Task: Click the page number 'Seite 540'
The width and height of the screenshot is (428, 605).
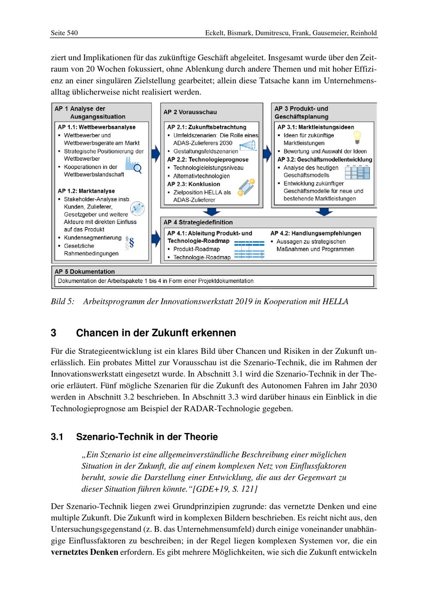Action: (x=64, y=33)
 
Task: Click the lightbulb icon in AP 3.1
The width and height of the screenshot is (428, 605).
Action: (x=356, y=137)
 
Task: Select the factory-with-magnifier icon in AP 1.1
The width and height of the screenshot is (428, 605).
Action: (x=134, y=165)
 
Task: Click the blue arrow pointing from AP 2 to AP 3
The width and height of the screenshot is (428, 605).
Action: (x=267, y=151)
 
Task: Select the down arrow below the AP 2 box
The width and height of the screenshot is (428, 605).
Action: (x=212, y=212)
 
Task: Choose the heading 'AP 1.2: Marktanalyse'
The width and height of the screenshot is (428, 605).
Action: (x=86, y=191)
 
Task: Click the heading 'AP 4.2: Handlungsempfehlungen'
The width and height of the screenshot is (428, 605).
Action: (x=316, y=233)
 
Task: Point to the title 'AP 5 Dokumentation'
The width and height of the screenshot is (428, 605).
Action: (x=85, y=271)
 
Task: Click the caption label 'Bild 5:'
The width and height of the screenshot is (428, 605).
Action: (x=62, y=302)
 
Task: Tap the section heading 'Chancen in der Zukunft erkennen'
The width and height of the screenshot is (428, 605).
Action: (x=156, y=333)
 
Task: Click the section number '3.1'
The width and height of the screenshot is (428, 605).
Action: (x=57, y=437)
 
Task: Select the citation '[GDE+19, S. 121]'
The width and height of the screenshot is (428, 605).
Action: (x=226, y=489)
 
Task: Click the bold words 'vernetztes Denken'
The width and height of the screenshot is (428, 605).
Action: (x=84, y=552)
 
